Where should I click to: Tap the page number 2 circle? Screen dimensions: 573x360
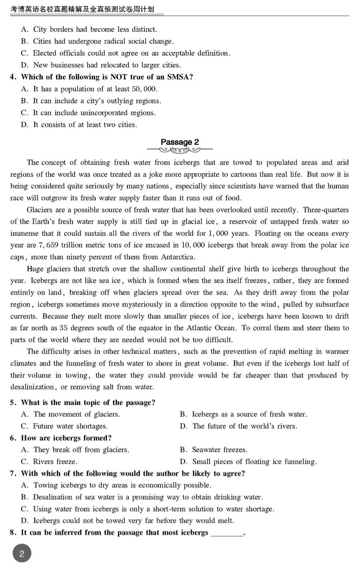22,554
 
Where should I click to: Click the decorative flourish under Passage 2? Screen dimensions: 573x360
180,151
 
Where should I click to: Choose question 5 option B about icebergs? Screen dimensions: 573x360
243,414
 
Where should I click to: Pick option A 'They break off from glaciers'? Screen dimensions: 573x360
75,450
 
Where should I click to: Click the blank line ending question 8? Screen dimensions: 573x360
227,533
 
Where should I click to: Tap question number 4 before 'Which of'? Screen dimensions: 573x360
14,77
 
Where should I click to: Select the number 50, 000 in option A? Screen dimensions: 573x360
143,89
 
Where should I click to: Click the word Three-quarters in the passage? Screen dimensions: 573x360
326,210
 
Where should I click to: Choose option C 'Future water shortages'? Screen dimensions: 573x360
65,426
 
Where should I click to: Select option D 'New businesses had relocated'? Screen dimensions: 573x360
101,65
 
